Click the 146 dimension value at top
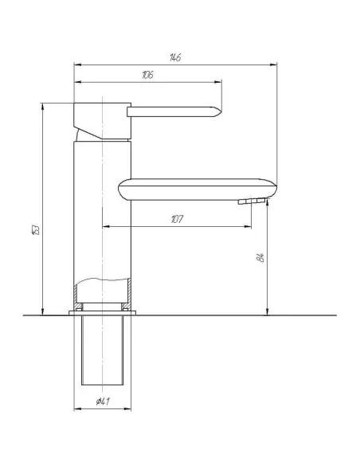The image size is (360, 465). (x=174, y=57)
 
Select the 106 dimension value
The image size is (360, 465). (x=147, y=74)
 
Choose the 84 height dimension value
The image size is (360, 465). (x=260, y=256)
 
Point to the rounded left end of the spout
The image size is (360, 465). (x=121, y=190)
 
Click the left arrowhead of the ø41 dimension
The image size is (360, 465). (x=77, y=409)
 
